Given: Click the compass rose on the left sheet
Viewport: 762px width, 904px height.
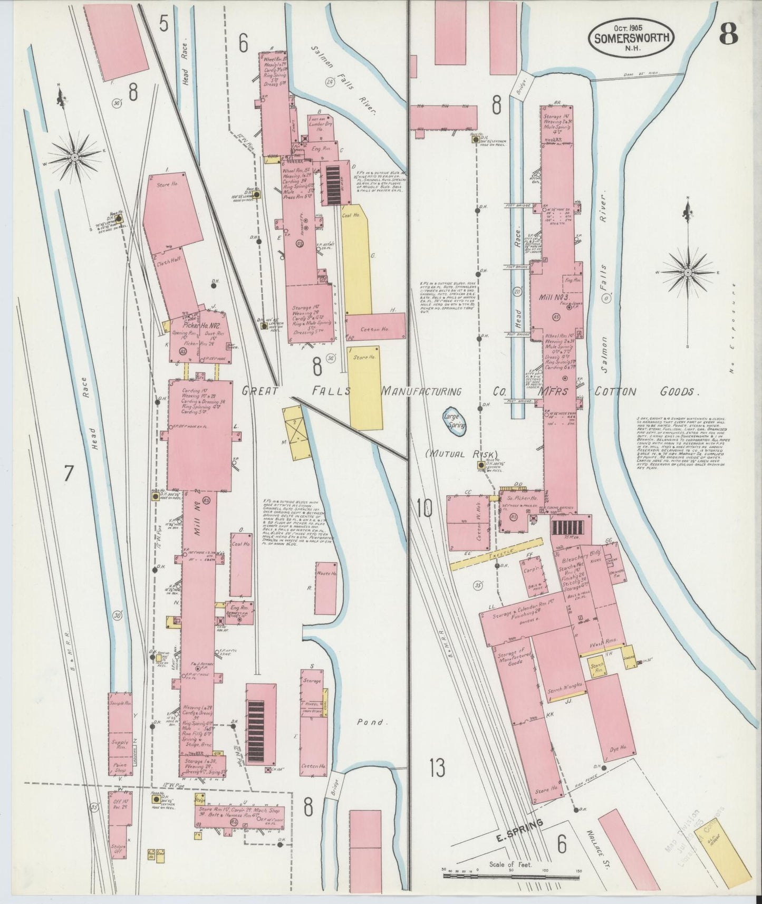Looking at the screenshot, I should [x=75, y=157].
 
